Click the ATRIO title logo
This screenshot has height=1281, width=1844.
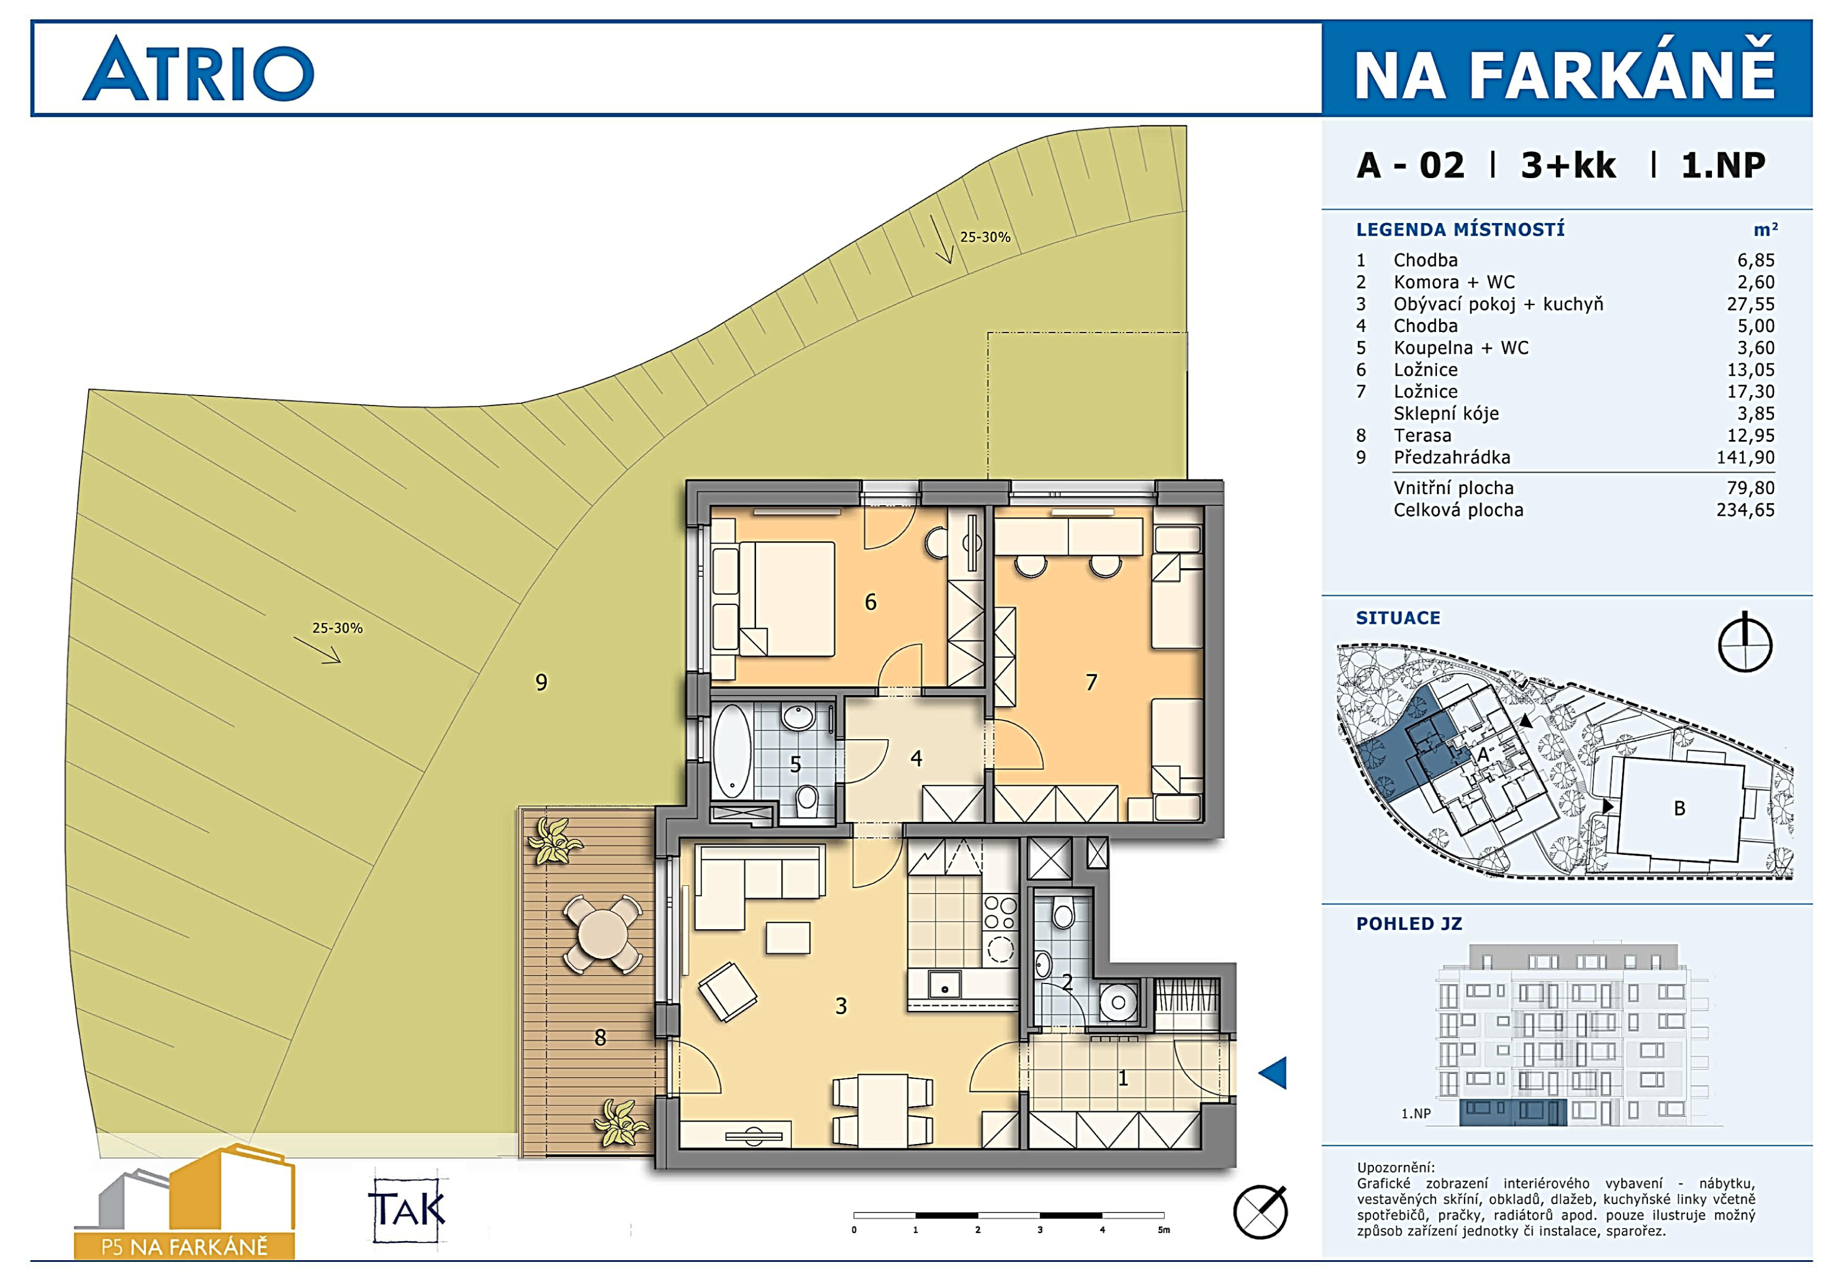198,69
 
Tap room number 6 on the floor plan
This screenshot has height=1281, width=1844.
871,602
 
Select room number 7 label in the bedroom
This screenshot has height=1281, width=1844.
1091,682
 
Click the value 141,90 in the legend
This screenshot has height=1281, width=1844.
1745,458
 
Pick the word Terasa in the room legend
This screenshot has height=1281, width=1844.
1422,436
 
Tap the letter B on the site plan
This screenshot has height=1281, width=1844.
1680,809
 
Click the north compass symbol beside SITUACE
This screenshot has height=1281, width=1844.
1744,644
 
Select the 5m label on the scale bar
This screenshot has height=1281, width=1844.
1164,1229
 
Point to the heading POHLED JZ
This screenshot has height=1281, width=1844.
1409,924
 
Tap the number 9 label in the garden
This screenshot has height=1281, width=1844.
542,682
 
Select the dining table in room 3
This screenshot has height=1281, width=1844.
882,1110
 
